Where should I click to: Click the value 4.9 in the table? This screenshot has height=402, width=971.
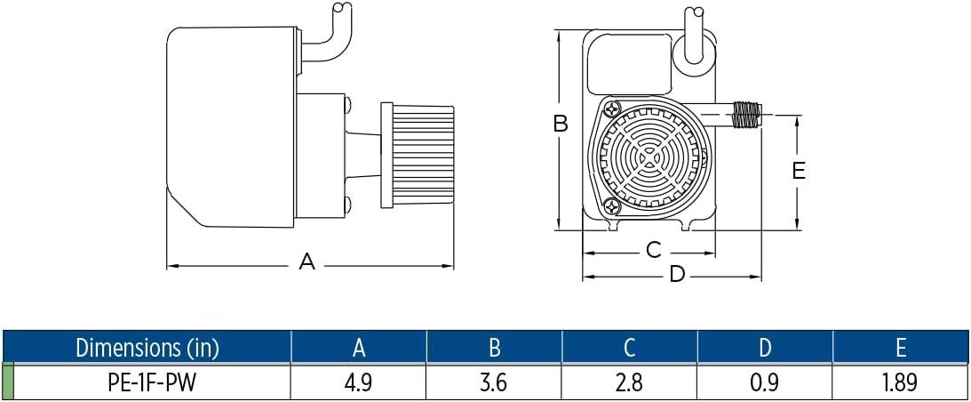(359, 382)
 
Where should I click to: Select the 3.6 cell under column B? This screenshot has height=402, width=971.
(494, 382)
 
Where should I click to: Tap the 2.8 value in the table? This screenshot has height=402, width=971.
(629, 382)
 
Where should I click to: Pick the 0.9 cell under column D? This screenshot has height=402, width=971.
(765, 382)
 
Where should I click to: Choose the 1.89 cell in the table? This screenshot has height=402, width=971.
(901, 382)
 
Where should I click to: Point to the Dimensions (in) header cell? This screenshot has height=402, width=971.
(147, 348)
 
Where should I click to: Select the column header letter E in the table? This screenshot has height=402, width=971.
(901, 348)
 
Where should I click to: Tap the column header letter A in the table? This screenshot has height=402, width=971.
(359, 348)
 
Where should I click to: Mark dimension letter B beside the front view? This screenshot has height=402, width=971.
(561, 125)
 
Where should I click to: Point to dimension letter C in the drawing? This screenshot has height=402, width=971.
(654, 250)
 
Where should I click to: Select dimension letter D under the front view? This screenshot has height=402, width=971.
(678, 274)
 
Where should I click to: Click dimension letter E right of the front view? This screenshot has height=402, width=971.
(799, 170)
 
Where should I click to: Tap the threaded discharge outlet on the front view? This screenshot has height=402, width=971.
(746, 115)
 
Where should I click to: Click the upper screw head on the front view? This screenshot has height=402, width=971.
(612, 108)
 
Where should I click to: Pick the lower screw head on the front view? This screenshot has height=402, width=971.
(612, 207)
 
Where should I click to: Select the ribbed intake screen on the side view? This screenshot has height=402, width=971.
(418, 156)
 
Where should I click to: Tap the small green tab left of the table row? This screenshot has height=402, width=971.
(8, 382)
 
